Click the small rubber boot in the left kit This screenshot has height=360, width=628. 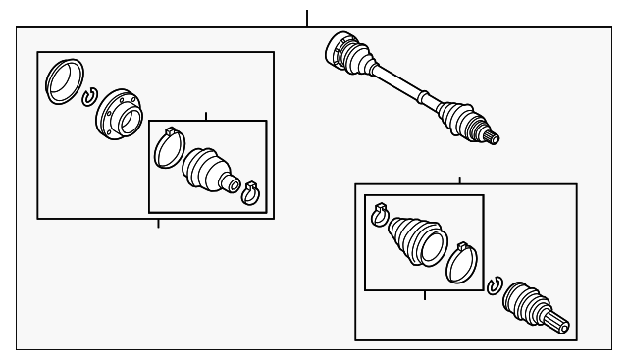(x=207, y=172)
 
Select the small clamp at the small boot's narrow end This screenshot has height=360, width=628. (x=249, y=192)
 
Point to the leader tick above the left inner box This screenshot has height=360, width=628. (x=206, y=116)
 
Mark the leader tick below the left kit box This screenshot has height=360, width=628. (x=158, y=223)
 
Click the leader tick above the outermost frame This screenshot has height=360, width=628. (x=307, y=18)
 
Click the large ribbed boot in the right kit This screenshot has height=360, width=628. (x=417, y=240)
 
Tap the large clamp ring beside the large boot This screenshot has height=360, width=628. (x=462, y=262)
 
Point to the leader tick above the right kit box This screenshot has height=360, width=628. (x=459, y=180)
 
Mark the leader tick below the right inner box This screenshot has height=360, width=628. (x=424, y=295)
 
